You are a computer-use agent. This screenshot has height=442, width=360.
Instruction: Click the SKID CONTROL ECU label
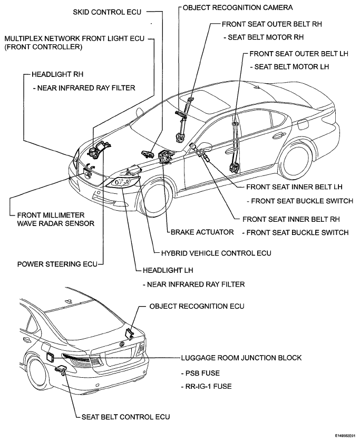click(x=107, y=12)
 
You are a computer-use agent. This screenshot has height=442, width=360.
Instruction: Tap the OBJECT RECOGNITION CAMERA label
click(x=238, y=7)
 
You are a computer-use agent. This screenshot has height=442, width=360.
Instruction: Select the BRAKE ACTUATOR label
click(x=202, y=232)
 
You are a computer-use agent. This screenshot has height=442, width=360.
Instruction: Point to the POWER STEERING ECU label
click(x=57, y=264)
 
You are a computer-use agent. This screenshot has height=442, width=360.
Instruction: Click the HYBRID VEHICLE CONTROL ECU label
click(x=216, y=253)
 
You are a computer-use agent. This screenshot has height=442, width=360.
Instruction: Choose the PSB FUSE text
click(x=200, y=373)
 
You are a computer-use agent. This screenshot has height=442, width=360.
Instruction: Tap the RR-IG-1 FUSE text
click(x=206, y=386)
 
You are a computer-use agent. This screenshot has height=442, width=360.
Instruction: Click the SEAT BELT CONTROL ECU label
click(x=125, y=417)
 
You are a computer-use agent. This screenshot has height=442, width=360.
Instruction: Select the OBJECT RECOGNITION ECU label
click(x=197, y=306)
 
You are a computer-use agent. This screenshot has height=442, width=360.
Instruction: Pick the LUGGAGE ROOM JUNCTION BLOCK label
click(x=241, y=358)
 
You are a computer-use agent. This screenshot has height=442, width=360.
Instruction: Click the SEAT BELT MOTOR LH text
click(x=290, y=67)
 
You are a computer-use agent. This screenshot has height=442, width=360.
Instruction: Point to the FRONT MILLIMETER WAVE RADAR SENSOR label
click(x=55, y=219)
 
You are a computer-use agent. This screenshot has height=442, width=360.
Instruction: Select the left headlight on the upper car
click(x=123, y=181)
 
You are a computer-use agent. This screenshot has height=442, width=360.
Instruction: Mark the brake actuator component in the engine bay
click(x=166, y=156)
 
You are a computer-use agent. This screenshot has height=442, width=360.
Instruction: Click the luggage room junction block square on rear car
click(x=50, y=357)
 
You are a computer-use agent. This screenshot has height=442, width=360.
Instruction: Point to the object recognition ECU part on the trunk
click(x=130, y=333)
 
